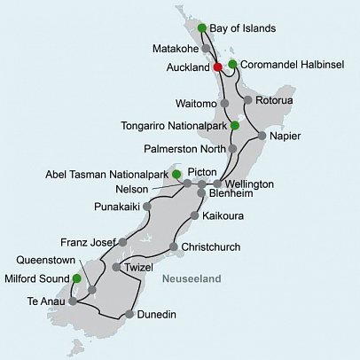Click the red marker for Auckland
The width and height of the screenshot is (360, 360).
(218, 66)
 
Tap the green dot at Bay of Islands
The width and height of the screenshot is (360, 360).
(202, 27)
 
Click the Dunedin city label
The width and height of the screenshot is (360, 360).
(162, 314)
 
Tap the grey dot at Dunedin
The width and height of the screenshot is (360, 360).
(131, 314)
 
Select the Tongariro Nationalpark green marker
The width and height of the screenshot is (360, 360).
(234, 125)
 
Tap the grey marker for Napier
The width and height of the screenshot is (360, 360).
(261, 135)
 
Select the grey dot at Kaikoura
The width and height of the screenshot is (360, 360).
(194, 215)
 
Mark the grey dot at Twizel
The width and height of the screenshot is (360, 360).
(116, 267)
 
